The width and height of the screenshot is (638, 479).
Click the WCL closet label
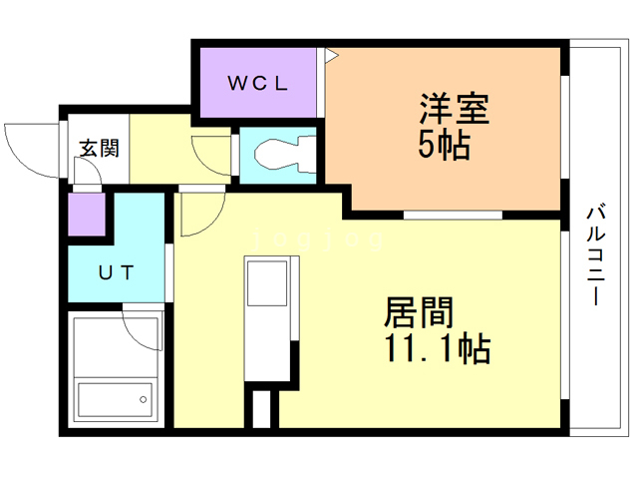pos(258,84)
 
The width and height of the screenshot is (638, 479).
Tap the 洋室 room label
pos(453,108)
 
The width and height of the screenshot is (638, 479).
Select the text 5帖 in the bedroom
pos(444,146)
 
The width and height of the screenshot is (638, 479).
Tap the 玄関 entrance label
pos(100,150)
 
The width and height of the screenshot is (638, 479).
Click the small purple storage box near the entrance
pos(86,215)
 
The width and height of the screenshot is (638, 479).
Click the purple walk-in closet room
pos(258,84)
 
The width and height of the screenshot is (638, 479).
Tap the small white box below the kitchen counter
pos(260,410)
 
